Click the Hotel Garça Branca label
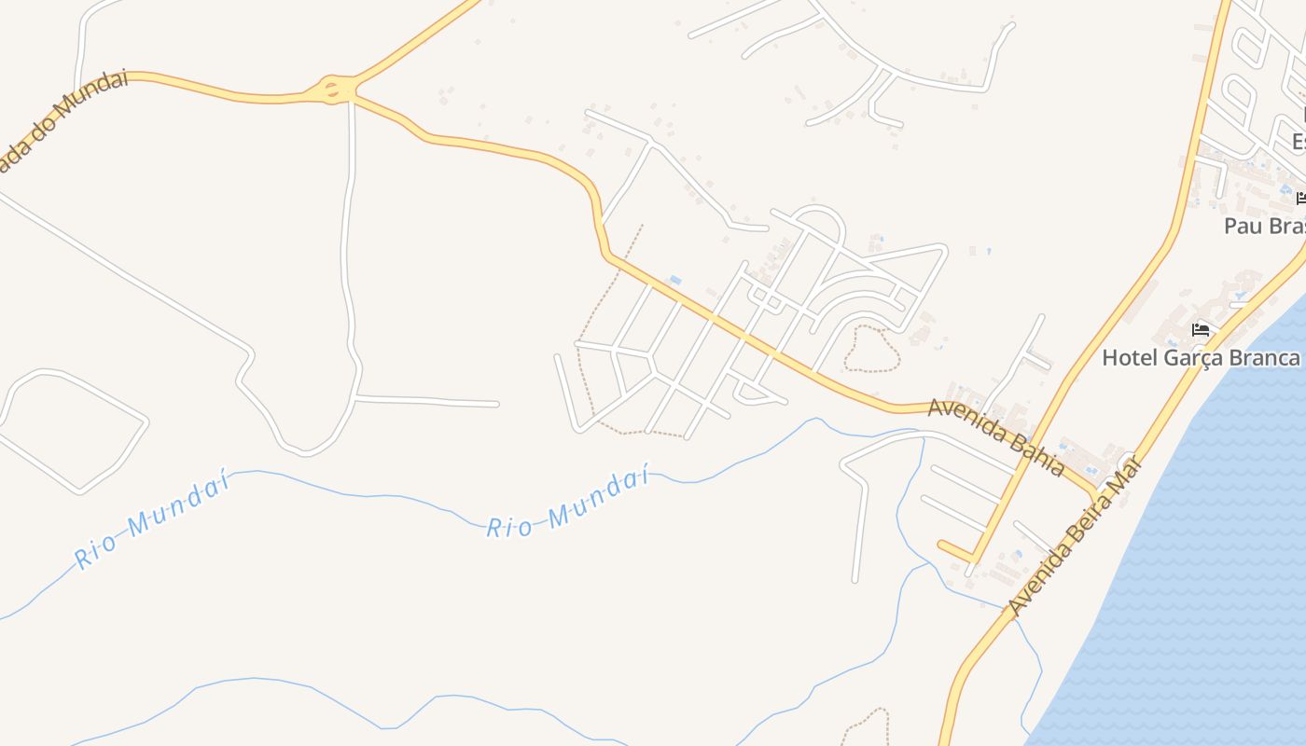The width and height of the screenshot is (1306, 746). (1201, 357)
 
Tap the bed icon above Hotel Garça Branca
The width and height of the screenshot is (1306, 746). (1201, 330)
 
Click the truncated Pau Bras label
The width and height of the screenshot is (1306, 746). (1264, 226)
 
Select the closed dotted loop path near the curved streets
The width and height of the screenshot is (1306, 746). (871, 348)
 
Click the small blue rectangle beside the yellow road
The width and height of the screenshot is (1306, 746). (674, 280)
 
